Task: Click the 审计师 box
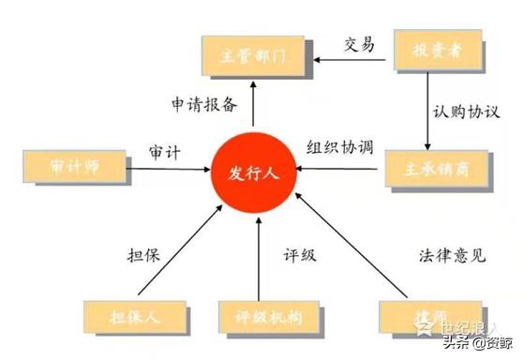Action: click(x=72, y=168)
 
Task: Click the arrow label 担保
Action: click(x=145, y=252)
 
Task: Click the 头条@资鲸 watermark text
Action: click(x=478, y=342)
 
